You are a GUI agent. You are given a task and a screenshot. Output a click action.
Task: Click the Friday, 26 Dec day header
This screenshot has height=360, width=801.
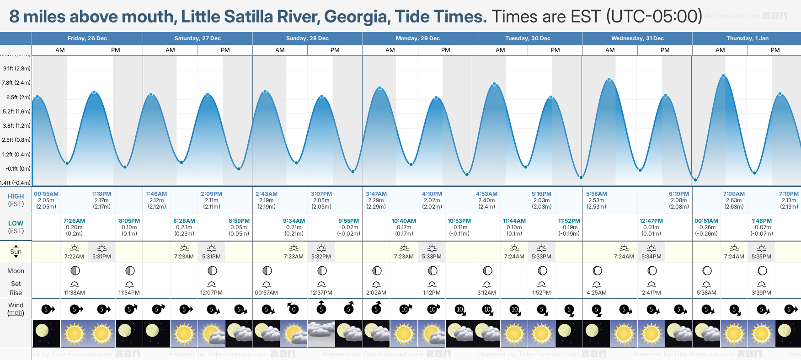coord(87,38)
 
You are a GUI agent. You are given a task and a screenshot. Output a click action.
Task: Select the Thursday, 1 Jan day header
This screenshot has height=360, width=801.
coord(747,38)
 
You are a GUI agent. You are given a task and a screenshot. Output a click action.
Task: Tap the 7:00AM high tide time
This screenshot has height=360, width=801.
coord(734,194)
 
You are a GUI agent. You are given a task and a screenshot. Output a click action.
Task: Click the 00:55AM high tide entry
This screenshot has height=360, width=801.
coord(46,194)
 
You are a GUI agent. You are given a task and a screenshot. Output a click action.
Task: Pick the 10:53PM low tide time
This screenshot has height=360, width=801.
coord(459,221)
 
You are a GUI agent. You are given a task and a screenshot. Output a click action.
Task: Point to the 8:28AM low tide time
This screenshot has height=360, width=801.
coord(184,221)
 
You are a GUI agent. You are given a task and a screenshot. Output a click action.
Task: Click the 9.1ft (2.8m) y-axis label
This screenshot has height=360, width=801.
coord(17,69)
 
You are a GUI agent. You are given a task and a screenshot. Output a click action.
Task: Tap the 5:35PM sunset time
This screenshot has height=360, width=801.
coord(761,257)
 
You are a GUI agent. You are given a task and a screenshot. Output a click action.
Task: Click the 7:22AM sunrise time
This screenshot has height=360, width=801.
coord(74,257)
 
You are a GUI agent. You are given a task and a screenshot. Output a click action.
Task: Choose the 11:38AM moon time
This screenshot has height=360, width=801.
coord(74,293)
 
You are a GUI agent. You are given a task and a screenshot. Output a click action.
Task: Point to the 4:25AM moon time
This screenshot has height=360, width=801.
coord(597,293)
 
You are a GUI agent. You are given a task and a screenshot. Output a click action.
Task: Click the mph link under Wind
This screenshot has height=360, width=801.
coord(16,313)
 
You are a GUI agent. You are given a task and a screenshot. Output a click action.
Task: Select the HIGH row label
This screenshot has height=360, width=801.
coord(16,196)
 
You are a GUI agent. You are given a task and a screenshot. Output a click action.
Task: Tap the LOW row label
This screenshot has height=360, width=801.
coord(16,223)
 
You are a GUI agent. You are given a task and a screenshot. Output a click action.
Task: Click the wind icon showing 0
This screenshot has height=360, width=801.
coord(293,309)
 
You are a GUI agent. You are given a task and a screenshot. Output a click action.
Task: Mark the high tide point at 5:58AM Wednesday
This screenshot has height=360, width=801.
coord(609,80)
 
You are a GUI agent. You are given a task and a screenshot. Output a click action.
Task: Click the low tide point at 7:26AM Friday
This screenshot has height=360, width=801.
coord(67,163)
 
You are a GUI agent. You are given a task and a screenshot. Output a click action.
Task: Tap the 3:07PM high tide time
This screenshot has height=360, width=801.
coord(321,194)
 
